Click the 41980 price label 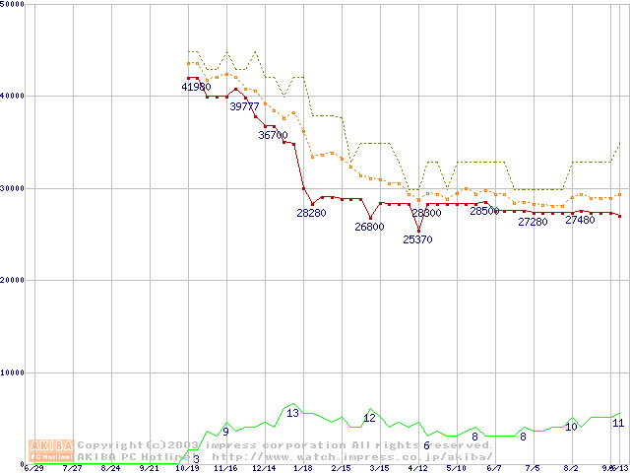196,87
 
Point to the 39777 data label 244,106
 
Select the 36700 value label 273,135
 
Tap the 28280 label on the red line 311,213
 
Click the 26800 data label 369,227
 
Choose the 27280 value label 533,222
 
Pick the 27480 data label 580,220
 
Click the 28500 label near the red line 483,211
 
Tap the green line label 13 292,413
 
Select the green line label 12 369,418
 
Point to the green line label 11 618,423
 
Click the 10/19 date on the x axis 187,469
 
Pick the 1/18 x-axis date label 302,469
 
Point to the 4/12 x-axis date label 417,469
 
